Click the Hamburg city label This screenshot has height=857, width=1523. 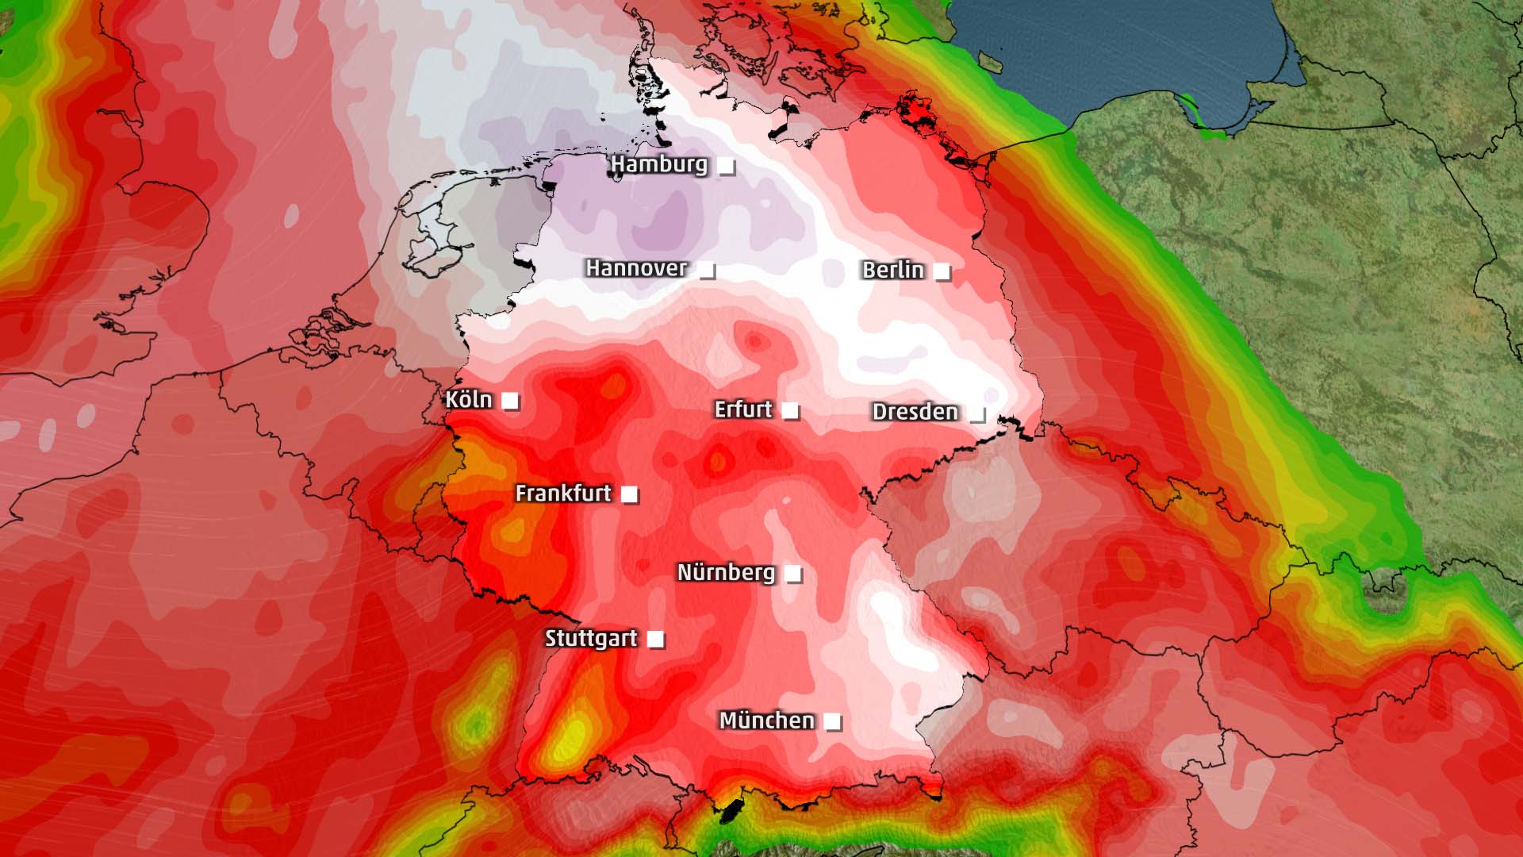pos(658,164)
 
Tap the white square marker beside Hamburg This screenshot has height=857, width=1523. pos(726,166)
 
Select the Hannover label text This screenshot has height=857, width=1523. pos(636,268)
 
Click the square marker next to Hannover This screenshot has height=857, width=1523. pos(706,270)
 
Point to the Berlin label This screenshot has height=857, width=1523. pos(893,270)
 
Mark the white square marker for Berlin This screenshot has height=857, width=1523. pos(942,271)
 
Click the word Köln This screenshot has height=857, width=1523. pos(468,399)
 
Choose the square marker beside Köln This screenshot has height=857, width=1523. pos(510,401)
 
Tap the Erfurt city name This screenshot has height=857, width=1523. pos(742,409)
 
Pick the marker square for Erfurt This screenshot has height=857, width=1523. pos(790,410)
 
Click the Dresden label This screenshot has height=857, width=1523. pos(915,412)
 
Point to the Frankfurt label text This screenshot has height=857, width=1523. pos(563,494)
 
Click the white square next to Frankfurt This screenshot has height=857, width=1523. pos(629,494)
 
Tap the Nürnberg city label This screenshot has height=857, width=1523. pos(726,572)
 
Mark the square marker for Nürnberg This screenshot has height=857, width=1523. pos(792,573)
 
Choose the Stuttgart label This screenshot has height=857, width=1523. pos(591,638)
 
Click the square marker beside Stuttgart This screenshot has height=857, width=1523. pos(655,639)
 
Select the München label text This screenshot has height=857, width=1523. pos(766,721)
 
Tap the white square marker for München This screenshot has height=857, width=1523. pos(832,721)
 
